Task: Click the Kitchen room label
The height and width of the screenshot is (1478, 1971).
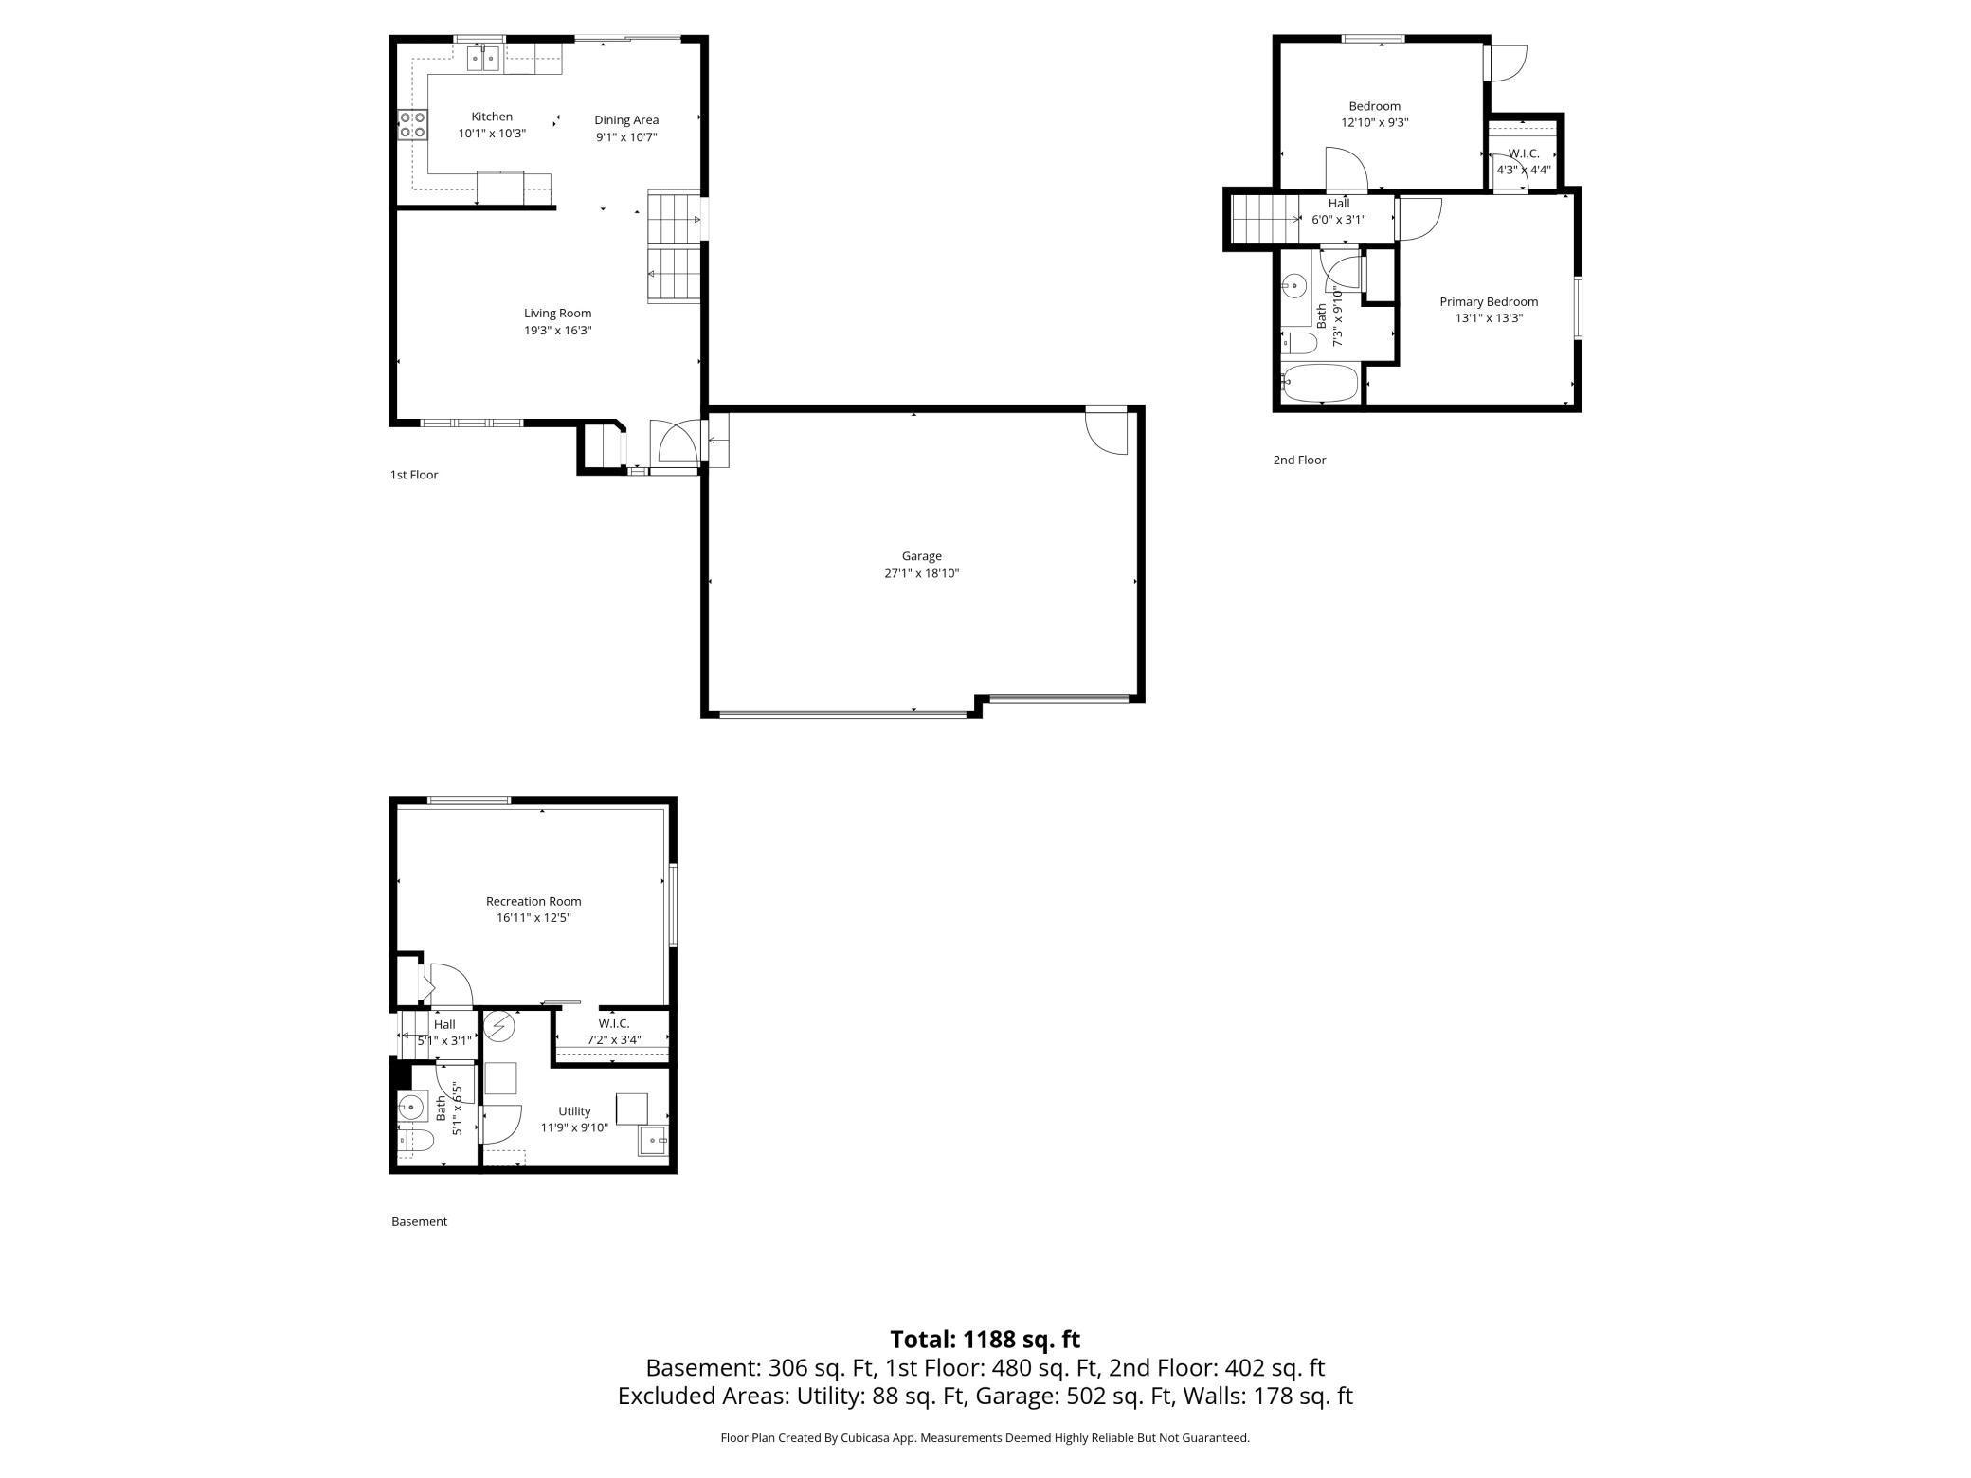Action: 492,117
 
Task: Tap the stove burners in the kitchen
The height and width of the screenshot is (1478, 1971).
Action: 412,125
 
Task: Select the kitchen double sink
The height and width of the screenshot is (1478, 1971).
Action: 484,59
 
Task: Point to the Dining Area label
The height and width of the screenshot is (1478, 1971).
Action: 626,119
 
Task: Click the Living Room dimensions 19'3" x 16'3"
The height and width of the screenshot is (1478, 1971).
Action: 558,331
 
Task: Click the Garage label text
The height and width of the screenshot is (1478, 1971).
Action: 921,556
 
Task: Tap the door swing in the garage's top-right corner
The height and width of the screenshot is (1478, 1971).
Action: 1107,431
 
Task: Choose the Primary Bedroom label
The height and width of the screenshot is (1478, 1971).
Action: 1489,302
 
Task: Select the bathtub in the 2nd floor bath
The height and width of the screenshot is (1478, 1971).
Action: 1319,384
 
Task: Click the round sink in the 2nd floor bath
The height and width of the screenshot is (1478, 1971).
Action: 1293,285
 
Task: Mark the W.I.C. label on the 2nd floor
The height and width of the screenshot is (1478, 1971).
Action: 1524,153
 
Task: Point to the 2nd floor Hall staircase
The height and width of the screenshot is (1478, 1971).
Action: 1265,219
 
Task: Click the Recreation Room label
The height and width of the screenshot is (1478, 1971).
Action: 533,901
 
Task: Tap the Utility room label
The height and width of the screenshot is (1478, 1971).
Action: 574,1111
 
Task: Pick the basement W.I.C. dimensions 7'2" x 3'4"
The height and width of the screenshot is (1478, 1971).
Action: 614,1039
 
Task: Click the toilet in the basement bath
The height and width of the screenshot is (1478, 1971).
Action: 415,1141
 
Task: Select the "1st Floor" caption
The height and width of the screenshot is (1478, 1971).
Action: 414,475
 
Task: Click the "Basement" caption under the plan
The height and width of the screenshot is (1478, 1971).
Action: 419,1221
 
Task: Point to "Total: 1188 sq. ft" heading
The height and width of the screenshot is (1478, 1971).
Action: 985,1339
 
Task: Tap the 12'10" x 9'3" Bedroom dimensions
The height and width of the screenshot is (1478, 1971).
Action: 1375,122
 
